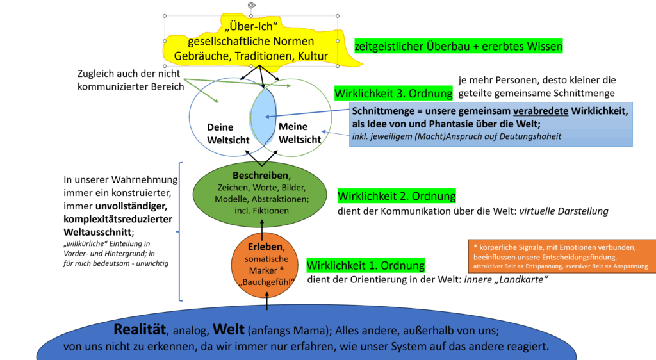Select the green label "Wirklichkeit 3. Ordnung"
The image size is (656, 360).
click(393, 94)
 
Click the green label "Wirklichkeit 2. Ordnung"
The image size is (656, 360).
click(397, 196)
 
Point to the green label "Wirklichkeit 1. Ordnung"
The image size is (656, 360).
click(365, 265)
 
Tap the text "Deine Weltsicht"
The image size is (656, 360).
click(220, 133)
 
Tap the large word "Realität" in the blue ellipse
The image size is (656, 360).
click(139, 329)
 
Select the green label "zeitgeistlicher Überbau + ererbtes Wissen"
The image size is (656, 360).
click(459, 46)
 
